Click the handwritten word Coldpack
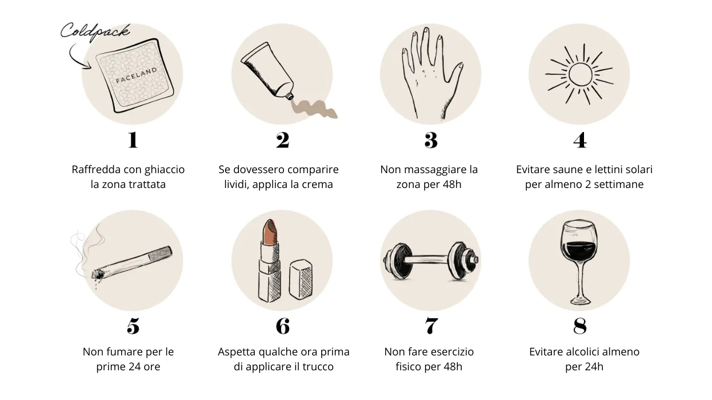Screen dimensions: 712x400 coord(95,32)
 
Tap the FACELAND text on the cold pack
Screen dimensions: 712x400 coord(137,75)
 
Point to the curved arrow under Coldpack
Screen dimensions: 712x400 coord(78,57)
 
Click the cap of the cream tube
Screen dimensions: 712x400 coord(289,95)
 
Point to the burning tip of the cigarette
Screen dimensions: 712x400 coord(97,274)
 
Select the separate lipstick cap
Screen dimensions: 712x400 coord(301,279)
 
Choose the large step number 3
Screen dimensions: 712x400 coord(431,140)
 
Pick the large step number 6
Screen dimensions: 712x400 coord(283,326)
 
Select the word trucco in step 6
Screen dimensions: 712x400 coord(318,367)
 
